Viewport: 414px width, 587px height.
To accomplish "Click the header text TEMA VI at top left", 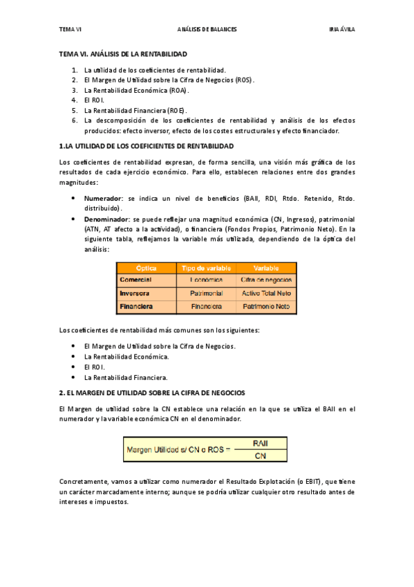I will click(70, 30).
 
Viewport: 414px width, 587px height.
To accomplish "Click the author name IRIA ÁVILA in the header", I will click(341, 30).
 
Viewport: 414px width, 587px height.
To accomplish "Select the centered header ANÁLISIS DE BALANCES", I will click(207, 30).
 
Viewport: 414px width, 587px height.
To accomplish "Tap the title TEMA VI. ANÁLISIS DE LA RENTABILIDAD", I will click(123, 53).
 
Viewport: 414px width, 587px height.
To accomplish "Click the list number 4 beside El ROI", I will click(74, 100).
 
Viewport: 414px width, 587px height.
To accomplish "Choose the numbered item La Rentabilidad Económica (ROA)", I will click(136, 90).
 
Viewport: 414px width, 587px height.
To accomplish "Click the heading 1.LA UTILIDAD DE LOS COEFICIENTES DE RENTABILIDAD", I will click(147, 146).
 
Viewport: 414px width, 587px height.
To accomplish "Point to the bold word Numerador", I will click(103, 198).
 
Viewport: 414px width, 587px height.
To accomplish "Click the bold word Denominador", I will click(106, 218).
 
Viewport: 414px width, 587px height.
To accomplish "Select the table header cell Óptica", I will click(147, 268).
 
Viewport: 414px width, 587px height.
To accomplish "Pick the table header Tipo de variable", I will click(206, 268).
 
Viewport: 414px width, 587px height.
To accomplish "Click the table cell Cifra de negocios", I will click(266, 280).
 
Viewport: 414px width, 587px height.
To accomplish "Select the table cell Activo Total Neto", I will click(266, 293).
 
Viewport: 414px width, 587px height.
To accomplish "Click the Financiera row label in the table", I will click(136, 306).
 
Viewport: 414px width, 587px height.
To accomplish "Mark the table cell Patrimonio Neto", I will click(266, 306).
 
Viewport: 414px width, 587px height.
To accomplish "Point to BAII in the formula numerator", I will click(261, 443).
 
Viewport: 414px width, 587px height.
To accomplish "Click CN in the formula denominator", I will click(261, 455).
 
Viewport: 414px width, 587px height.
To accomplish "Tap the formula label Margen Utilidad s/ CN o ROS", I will click(178, 449).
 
